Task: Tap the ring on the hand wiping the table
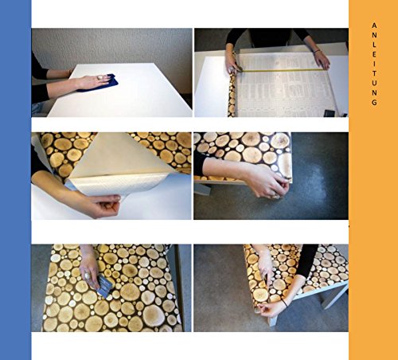(100, 78)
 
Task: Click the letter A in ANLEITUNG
(374, 25)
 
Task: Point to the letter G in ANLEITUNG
(374, 102)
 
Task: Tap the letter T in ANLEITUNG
(374, 73)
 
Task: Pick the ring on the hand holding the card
(88, 276)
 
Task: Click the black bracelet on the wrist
(285, 303)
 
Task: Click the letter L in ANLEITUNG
(374, 45)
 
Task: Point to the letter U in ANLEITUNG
(374, 83)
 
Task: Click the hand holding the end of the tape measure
(322, 60)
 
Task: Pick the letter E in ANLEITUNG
(374, 54)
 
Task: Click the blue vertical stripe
(15, 180)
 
